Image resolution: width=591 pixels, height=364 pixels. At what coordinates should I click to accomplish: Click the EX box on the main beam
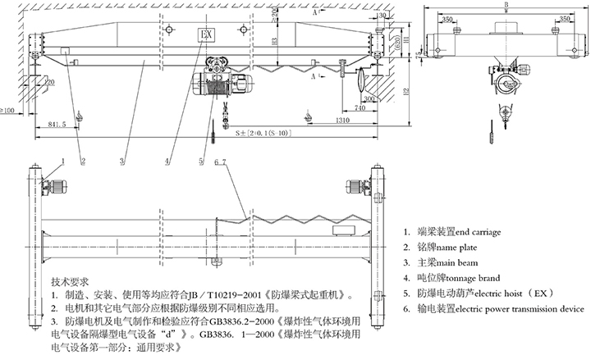(x=206, y=34)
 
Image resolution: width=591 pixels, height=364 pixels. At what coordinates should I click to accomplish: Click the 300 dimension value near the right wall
(x=369, y=99)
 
